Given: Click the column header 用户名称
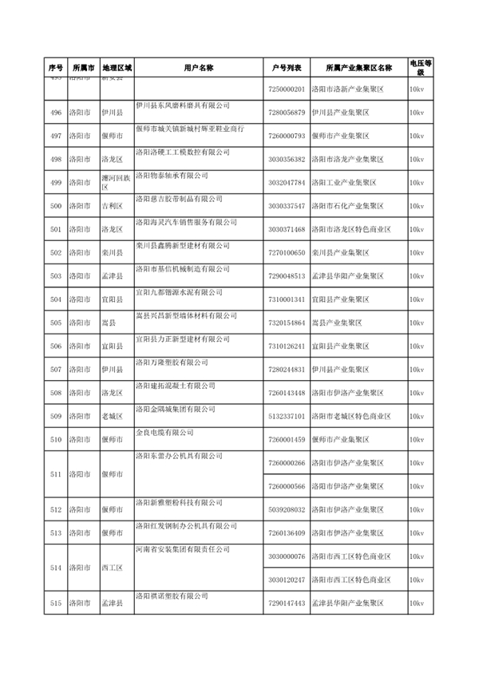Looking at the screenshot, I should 197,68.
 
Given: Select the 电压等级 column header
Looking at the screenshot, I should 421,68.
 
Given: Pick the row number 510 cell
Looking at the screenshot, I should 55,440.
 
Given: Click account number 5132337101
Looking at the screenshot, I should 287,417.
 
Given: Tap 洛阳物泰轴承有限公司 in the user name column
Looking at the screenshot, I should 171,175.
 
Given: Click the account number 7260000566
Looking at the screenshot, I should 287,486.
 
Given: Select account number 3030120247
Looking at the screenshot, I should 287,580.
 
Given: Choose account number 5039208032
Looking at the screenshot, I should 287,509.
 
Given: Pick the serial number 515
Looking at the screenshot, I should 55,603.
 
